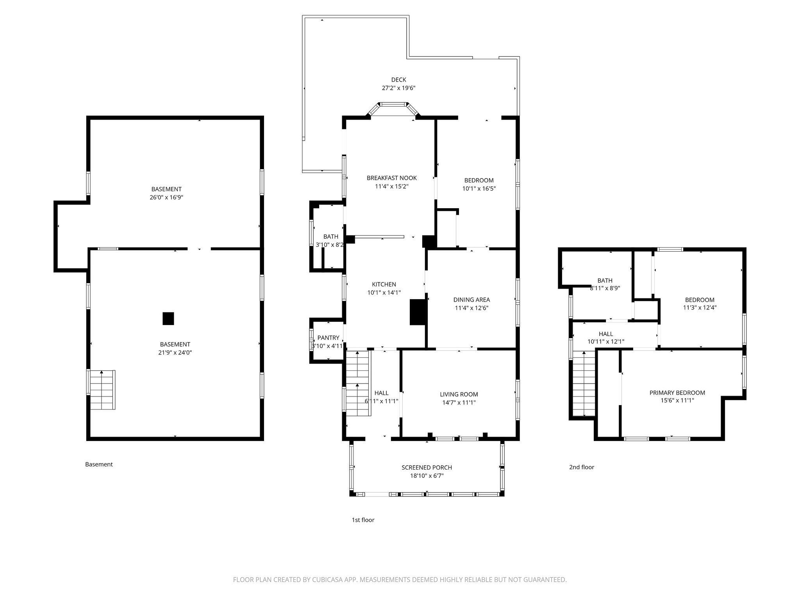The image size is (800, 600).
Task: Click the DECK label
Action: [398, 80]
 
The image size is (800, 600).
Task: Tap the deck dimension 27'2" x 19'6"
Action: [398, 88]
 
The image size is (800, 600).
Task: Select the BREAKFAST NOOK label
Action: [392, 178]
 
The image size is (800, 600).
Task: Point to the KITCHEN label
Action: [384, 284]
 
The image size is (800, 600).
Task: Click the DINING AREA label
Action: [471, 300]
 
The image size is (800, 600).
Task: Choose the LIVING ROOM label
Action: [459, 395]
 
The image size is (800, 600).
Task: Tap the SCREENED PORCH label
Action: [427, 468]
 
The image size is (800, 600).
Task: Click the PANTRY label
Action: [328, 338]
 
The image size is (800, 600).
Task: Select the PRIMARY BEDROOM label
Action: [677, 393]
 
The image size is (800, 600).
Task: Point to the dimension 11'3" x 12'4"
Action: [700, 307]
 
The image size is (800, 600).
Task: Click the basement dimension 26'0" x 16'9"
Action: [166, 197]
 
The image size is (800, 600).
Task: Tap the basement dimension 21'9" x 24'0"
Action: [175, 352]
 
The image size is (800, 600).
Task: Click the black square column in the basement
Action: [168, 318]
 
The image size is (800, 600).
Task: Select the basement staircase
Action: [103, 390]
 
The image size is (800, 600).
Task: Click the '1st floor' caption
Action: [363, 520]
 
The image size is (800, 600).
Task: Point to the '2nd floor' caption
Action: [582, 467]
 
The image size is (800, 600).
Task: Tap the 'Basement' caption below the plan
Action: [99, 464]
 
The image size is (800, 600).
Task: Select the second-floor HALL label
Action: [606, 334]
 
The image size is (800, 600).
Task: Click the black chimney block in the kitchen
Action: [417, 312]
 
